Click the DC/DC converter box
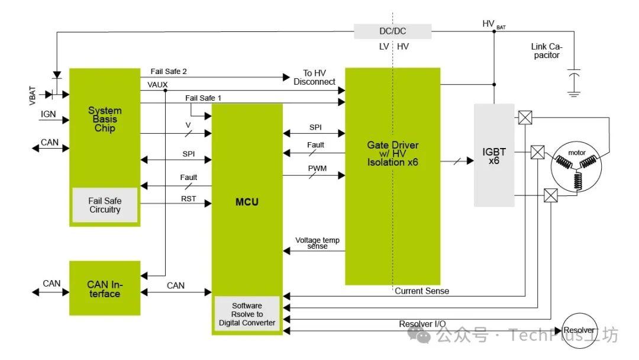pyautogui.click(x=392, y=31)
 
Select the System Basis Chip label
pyautogui.click(x=105, y=119)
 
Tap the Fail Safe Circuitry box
pyautogui.click(x=105, y=205)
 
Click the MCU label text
pyautogui.click(x=247, y=202)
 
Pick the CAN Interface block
pyautogui.click(x=105, y=288)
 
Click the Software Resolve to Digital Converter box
pyautogui.click(x=247, y=314)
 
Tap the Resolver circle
pyautogui.click(x=578, y=330)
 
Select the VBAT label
pyautogui.click(x=33, y=96)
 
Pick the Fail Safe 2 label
pyautogui.click(x=169, y=71)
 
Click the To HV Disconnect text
pyautogui.click(x=314, y=78)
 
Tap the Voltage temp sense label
pyautogui.click(x=317, y=243)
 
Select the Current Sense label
pyautogui.click(x=421, y=291)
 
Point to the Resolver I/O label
pyautogui.click(x=422, y=324)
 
